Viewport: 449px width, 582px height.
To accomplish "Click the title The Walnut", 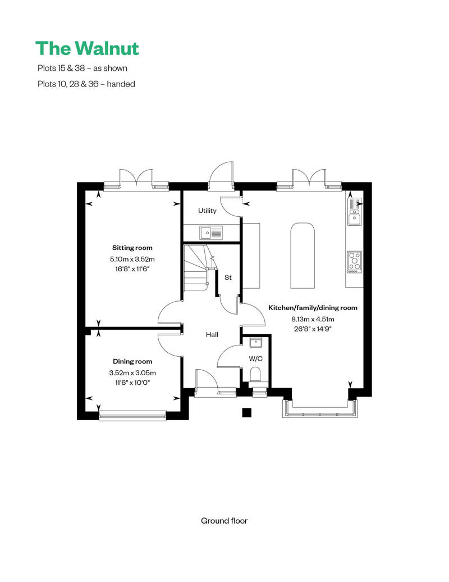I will [87, 48].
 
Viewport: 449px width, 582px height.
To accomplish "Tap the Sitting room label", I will [132, 248].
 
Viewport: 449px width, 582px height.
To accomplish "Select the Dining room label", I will [132, 362].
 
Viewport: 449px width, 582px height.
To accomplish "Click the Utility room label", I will [207, 211].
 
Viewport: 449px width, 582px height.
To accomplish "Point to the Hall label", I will [212, 335].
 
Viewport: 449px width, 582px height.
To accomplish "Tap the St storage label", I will [228, 278].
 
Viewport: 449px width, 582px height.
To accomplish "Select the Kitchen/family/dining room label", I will [313, 308].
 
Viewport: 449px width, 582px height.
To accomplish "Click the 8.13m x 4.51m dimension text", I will [308, 319].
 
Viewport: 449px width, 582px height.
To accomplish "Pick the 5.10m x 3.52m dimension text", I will [132, 259].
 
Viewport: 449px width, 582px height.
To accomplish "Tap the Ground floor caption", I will [224, 521].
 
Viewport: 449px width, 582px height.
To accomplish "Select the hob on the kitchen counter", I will [355, 262].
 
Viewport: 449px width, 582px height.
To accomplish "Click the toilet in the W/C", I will [255, 374].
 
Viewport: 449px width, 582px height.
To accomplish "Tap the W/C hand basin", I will [256, 342].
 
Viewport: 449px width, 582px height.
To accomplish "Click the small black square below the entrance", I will [246, 413].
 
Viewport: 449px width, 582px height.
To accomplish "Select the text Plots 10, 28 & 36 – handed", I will [85, 84].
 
